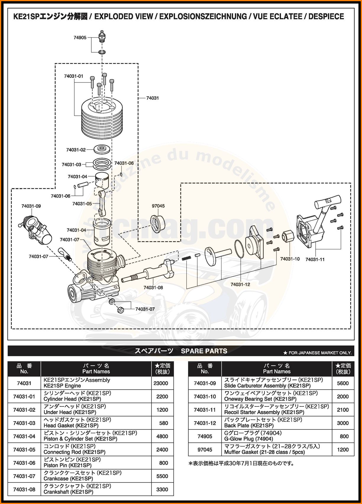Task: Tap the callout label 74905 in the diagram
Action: (x=80, y=38)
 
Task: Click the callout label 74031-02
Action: (x=76, y=150)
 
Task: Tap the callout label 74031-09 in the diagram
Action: (x=31, y=206)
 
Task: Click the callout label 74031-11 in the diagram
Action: (x=315, y=259)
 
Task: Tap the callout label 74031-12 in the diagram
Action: (x=240, y=285)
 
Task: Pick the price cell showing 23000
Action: (x=161, y=383)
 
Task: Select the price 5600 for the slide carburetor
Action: (x=343, y=383)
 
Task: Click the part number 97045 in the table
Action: (x=205, y=450)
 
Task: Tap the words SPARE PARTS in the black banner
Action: (x=204, y=351)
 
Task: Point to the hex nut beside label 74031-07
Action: (x=121, y=310)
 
